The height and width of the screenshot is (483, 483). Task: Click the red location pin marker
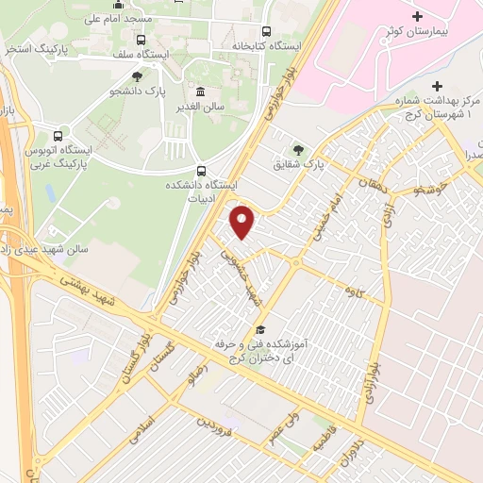point(243,221)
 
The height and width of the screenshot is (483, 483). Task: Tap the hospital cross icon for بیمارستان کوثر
point(418,18)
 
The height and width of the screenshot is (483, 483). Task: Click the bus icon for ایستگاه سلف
point(141,41)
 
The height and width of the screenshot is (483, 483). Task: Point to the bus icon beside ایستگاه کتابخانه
point(266,31)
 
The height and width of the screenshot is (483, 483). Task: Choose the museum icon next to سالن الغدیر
point(201,92)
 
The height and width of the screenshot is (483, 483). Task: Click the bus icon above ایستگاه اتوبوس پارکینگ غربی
point(59,135)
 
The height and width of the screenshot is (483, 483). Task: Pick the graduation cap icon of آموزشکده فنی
point(259,329)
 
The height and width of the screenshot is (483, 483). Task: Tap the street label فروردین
point(220,432)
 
